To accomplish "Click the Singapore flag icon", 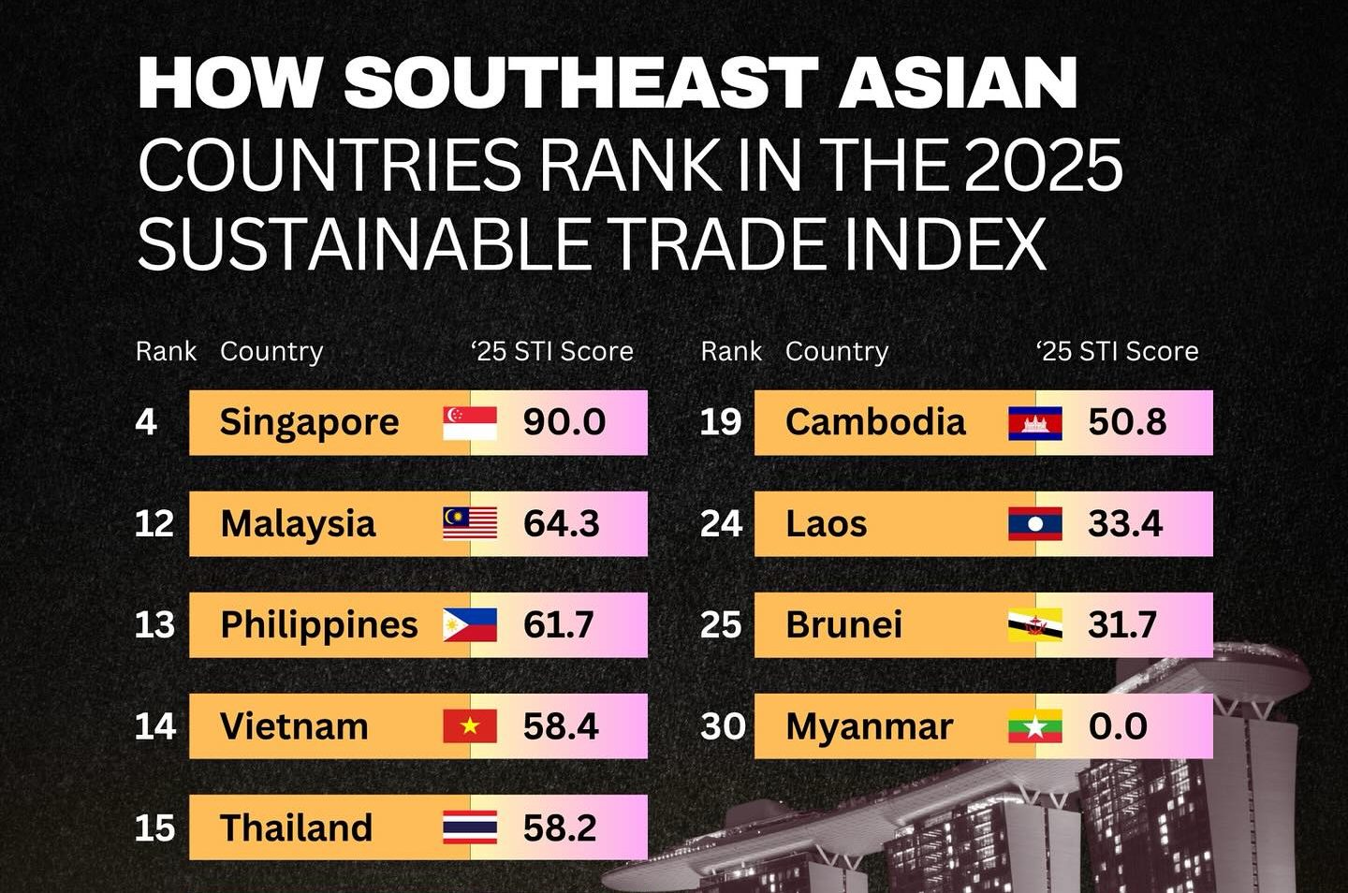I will [x=470, y=423].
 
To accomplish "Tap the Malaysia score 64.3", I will [x=561, y=524].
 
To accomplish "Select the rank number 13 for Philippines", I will [x=154, y=625].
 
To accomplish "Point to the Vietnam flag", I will [x=470, y=726].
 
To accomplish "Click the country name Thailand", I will [x=296, y=828].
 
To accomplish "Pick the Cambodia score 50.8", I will [x=1127, y=423].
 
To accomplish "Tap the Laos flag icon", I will [x=1034, y=524].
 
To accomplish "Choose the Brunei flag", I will [x=1034, y=625].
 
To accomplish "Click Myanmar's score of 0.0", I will [x=1118, y=726].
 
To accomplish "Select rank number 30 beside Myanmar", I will [x=723, y=726].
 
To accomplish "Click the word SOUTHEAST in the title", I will [x=580, y=82].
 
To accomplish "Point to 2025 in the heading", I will [x=1043, y=166].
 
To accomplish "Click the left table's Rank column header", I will [x=166, y=351].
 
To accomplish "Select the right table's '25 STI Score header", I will [x=1118, y=351].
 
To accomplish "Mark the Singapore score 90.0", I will [x=564, y=423].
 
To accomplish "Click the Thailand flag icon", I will [x=470, y=828].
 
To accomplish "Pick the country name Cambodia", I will [x=875, y=423].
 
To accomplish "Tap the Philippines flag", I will [x=470, y=625].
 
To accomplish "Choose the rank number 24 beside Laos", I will [x=721, y=524].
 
